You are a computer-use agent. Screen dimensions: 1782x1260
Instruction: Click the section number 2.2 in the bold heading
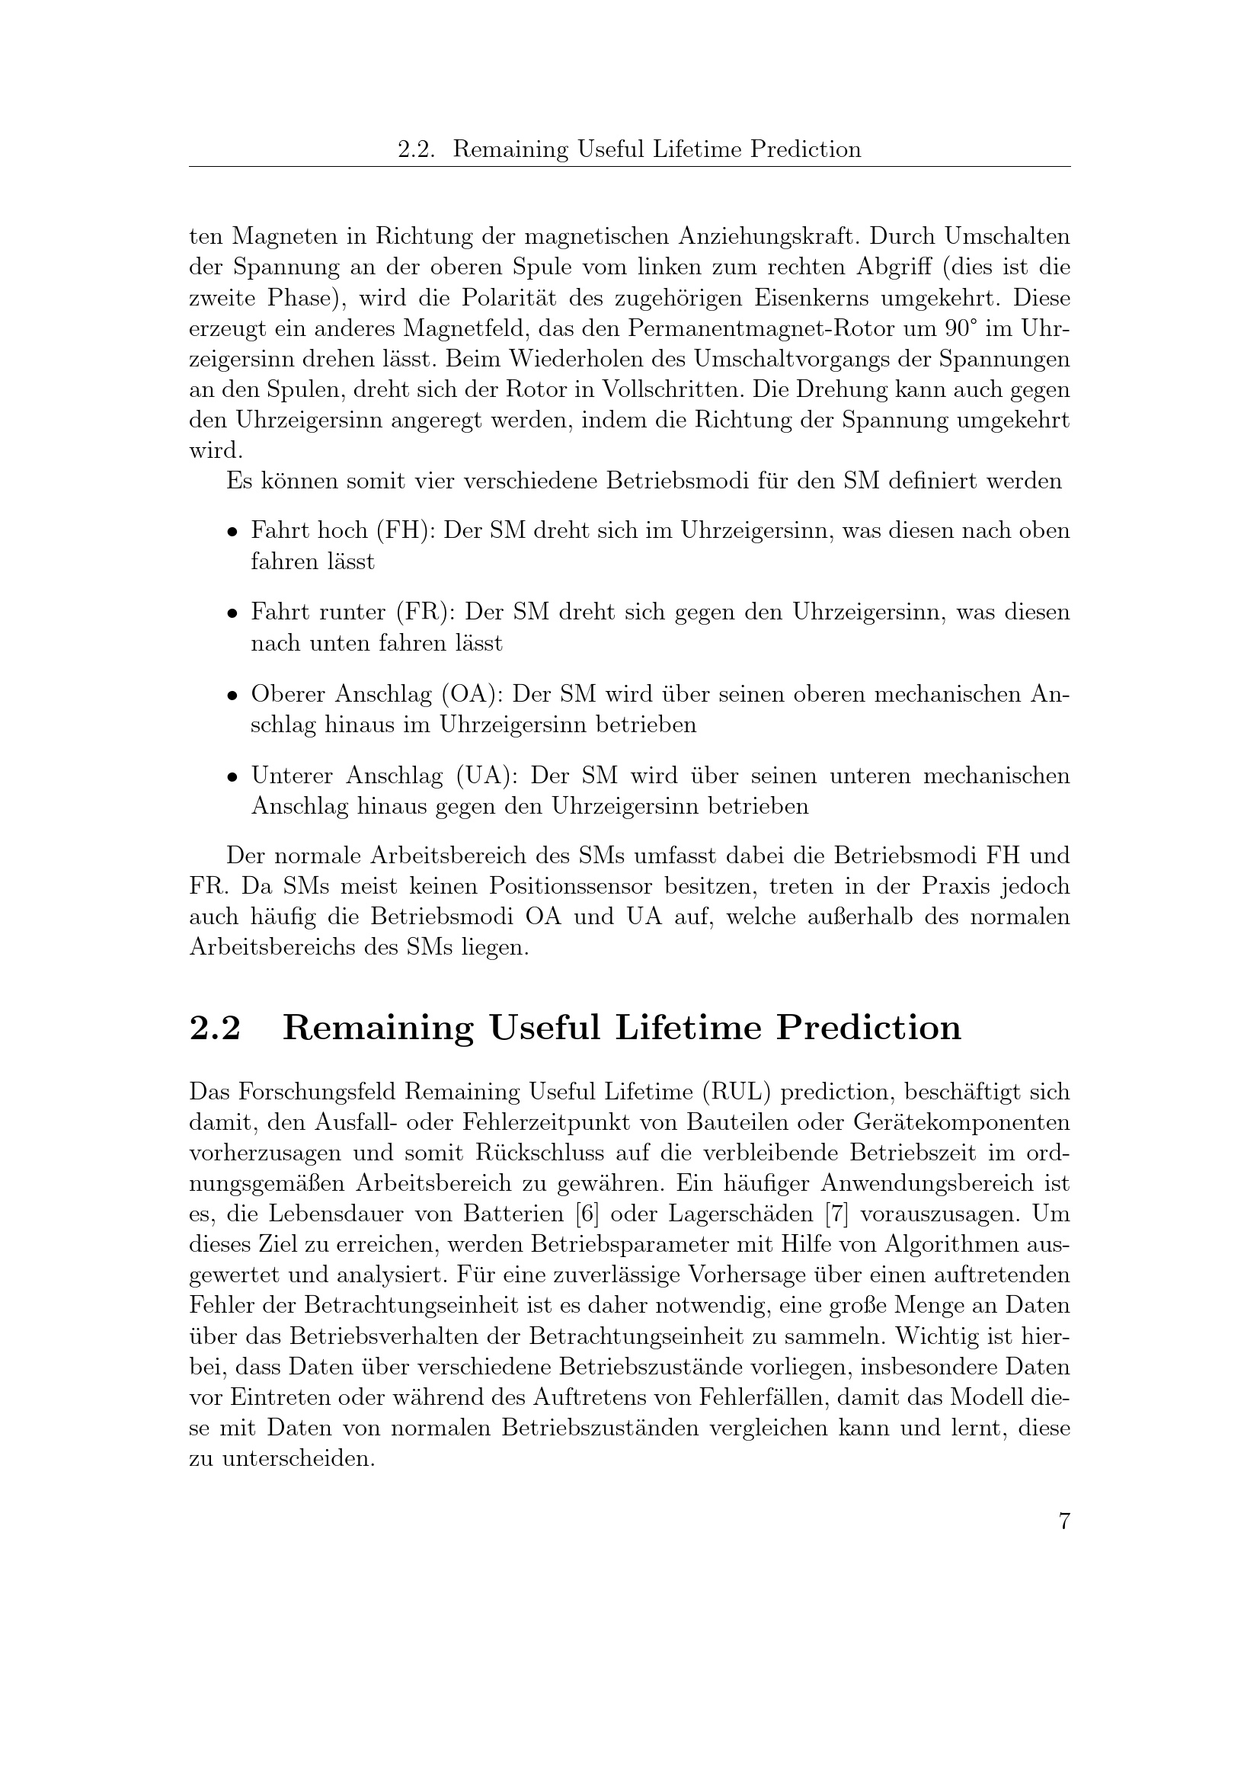pos(215,1028)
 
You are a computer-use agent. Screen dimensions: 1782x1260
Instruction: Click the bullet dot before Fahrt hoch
pos(232,533)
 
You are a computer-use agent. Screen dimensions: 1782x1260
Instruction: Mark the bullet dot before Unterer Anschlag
pos(232,777)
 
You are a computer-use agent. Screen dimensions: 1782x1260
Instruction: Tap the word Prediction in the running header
pos(805,149)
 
